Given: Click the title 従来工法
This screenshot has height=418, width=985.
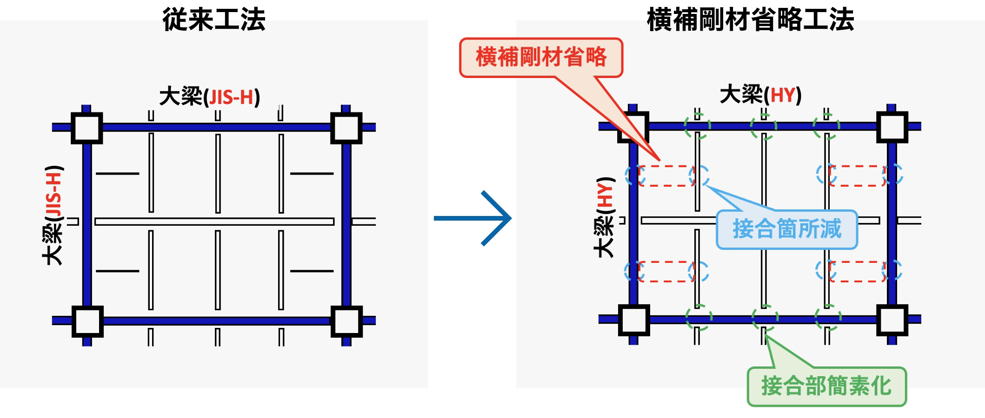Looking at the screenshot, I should pos(214,20).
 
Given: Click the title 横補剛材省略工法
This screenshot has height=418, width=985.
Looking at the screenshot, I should pos(750,20).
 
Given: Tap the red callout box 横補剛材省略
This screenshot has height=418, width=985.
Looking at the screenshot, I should pos(541,58).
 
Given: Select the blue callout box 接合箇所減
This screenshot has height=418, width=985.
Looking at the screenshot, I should pos(787,229).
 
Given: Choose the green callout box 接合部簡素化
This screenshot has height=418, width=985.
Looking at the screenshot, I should pos(826,386).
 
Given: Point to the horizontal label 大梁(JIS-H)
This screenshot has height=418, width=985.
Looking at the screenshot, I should pos(209,97).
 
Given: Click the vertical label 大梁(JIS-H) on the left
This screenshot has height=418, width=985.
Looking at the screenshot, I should pos(53,215).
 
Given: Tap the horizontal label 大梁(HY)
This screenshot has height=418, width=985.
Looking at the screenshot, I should pos(760,95).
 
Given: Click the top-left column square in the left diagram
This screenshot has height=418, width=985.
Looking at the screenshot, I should pos(87,128).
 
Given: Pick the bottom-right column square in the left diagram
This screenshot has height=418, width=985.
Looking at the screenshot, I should pos(346,321).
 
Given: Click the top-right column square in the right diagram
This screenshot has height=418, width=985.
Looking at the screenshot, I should pos(892,127).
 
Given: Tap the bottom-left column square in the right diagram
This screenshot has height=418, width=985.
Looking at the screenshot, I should pos(634,320).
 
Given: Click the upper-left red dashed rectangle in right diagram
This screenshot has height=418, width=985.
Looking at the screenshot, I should pos(666,176).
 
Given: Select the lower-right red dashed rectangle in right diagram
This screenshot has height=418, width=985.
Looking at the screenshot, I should pos(857,271).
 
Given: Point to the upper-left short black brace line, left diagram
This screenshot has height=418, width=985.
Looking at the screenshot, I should pos(117,174).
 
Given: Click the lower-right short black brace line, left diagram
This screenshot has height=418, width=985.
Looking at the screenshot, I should pos(312,271).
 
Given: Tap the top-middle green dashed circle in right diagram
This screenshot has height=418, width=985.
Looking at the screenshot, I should pos(764,126).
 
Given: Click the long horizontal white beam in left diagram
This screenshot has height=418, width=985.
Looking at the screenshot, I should pos(214,222).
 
